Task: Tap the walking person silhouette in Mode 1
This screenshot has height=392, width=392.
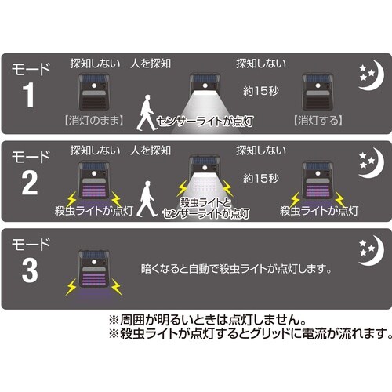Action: pyautogui.click(x=145, y=112)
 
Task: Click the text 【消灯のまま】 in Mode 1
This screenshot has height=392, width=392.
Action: pyautogui.click(x=88, y=123)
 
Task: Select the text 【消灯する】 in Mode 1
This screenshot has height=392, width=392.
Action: pyautogui.click(x=318, y=123)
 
